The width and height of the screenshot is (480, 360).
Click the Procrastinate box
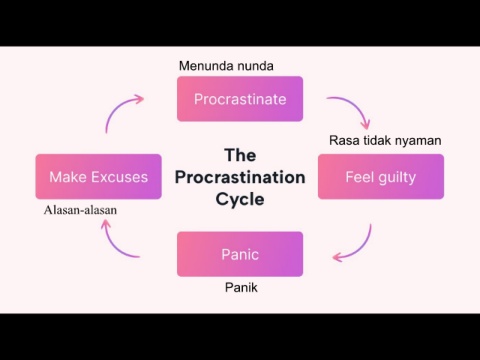[240, 99]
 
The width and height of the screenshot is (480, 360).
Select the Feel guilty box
[381, 177]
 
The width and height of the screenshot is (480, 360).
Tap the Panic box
[240, 254]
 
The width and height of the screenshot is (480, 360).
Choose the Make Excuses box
[99, 177]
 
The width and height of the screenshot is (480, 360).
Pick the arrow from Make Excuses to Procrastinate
[117, 107]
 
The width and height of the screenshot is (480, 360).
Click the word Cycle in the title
[240, 199]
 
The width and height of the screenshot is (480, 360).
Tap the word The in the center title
[240, 155]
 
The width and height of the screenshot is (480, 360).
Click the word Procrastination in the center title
[240, 177]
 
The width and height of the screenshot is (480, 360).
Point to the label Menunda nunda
[226, 66]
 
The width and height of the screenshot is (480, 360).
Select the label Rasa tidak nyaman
[385, 141]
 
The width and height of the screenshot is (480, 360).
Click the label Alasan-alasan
[80, 210]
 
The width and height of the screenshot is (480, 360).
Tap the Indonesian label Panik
[241, 287]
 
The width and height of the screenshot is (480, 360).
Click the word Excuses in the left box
[119, 177]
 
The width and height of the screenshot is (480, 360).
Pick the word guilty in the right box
[397, 178]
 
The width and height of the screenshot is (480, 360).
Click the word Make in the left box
[68, 177]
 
